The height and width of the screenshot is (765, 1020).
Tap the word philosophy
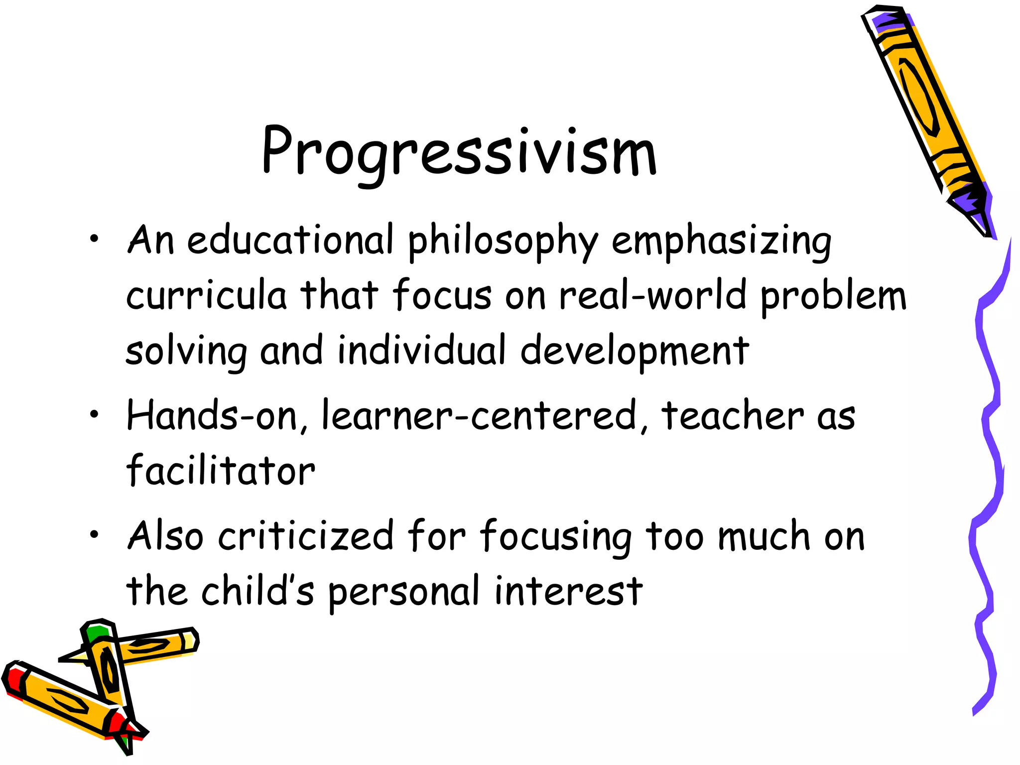503,242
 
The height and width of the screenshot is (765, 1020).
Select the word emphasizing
721,242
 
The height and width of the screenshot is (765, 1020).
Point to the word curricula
206,295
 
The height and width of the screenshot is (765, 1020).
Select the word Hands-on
212,415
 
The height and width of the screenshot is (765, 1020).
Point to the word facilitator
221,470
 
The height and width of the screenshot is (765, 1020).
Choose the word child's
257,591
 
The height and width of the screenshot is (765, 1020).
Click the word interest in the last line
568,592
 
